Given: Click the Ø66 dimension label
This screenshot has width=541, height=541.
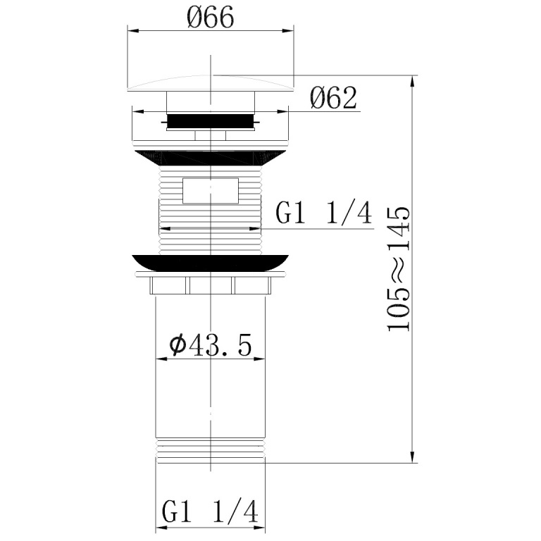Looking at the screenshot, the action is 210,18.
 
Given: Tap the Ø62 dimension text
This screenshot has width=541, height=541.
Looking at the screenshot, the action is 333,98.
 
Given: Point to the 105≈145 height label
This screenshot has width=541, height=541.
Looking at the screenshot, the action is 399,269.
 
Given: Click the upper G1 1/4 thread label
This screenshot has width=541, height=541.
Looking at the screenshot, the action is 324,213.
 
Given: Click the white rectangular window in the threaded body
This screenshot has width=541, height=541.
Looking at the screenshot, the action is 211,190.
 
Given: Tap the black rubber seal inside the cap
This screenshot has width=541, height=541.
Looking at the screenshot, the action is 210,121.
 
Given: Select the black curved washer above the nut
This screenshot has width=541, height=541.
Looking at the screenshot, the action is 210,263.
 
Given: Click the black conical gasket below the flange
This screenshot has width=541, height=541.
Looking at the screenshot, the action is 210,158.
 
